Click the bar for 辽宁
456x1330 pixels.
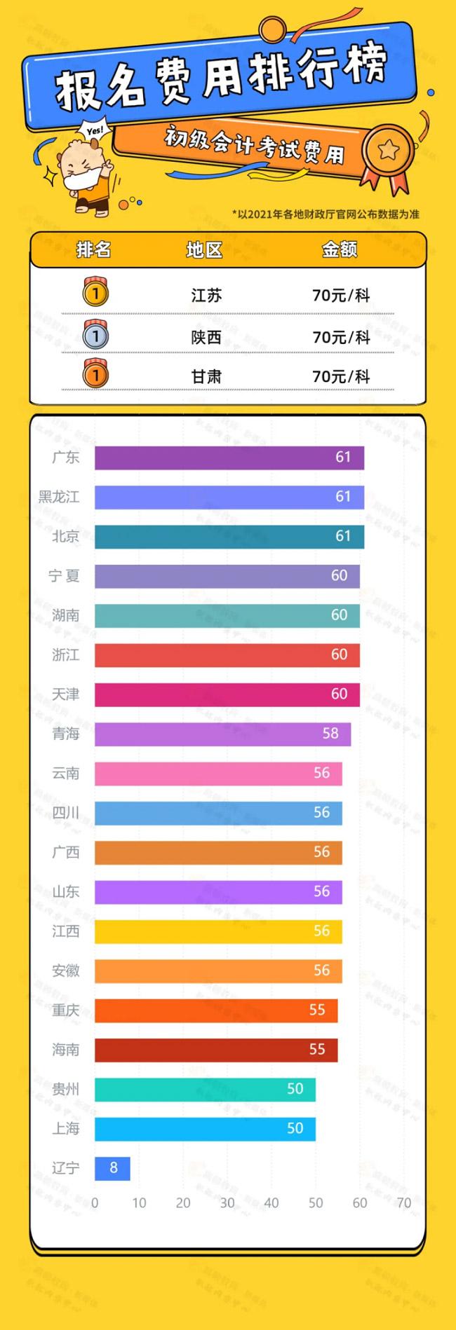pos(112,1168)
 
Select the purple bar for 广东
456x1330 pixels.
pos(229,458)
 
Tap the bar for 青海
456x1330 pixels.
pos(222,734)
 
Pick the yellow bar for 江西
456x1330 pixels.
pos(218,931)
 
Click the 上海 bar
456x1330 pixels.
pos(205,1129)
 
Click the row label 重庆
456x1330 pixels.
pos(66,1010)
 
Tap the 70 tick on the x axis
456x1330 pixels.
pos(404,1203)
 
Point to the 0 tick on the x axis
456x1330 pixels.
pos(95,1203)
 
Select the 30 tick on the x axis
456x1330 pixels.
pos(227,1203)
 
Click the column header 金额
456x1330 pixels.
pos(340,249)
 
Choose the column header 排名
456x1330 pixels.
pos(93,249)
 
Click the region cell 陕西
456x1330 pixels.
pos(206,337)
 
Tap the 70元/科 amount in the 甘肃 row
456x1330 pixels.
pos(341,376)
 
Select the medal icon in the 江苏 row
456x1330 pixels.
pos(95,293)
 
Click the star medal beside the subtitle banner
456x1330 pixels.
pos(387,151)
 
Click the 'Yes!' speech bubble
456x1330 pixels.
pos(94,131)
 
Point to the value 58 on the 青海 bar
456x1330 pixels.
pos(330,734)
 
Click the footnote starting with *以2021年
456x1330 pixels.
pos(326,214)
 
